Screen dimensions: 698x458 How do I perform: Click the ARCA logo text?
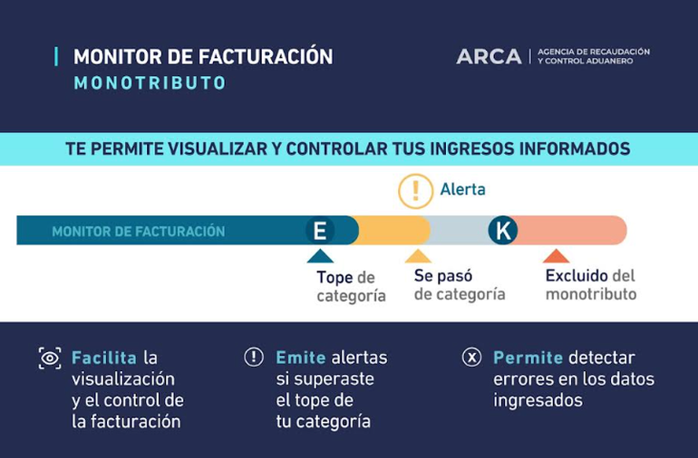(x=489, y=56)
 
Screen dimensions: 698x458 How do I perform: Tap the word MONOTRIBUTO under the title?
(x=150, y=83)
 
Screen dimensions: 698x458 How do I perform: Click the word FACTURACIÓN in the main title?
(x=266, y=57)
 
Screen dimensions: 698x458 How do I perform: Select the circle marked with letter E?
(x=320, y=230)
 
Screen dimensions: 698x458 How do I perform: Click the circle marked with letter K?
(x=503, y=230)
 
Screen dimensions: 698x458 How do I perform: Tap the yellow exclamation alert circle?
(x=416, y=191)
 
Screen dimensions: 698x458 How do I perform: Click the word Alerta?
(x=463, y=189)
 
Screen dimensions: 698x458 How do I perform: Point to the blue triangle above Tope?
(x=320, y=256)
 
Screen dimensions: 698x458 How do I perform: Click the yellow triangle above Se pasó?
(x=418, y=256)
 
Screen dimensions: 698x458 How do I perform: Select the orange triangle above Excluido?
(x=556, y=256)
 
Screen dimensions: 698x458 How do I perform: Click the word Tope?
(x=334, y=278)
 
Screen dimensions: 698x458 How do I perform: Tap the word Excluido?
(x=577, y=276)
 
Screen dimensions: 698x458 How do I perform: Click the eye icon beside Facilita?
(x=50, y=358)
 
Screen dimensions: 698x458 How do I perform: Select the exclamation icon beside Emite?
(x=254, y=357)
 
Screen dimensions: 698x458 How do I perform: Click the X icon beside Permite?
(x=471, y=357)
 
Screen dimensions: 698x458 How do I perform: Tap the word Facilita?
(x=104, y=358)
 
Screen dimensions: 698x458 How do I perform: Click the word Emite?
(x=301, y=358)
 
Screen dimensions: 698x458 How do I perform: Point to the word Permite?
(x=528, y=358)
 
